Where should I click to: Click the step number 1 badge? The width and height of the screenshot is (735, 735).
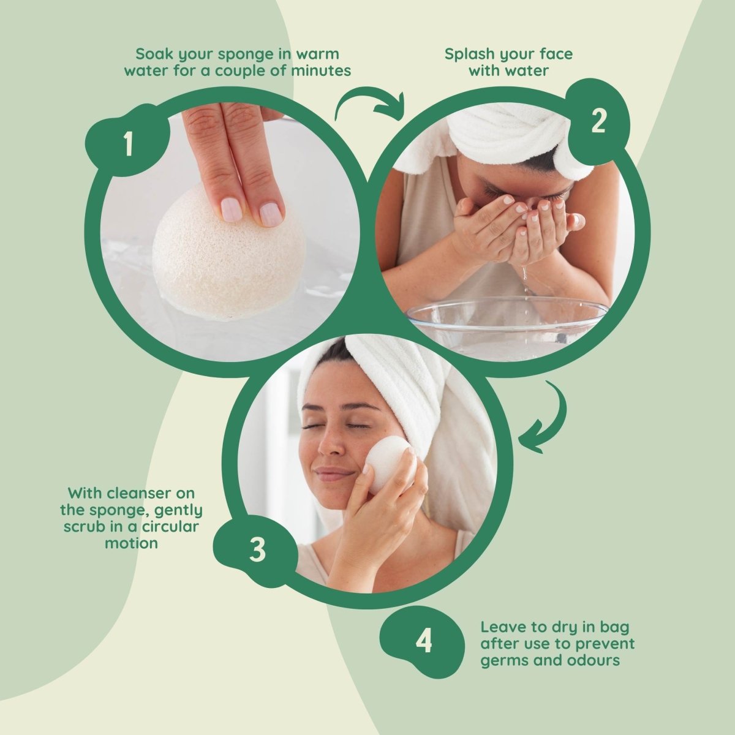point(128,145)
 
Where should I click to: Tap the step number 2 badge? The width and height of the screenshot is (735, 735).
point(598,122)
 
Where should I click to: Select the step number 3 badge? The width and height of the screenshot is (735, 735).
point(257,549)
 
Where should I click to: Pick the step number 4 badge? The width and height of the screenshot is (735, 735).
point(423,643)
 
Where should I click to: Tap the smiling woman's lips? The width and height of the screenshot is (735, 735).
point(334,473)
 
